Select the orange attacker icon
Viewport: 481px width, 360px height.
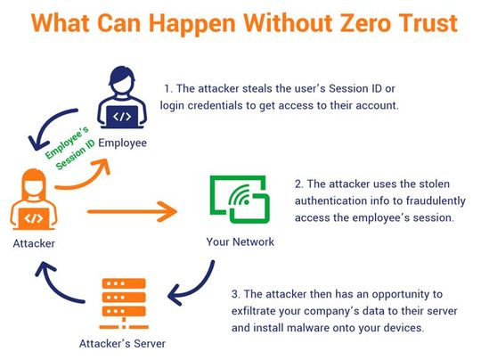pos(33,202)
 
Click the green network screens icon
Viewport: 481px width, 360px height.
pos(240,202)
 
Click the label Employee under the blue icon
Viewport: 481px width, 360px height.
pos(123,143)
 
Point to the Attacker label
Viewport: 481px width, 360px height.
pos(33,242)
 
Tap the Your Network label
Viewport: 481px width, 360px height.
pos(240,241)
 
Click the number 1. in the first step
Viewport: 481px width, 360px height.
pos(167,88)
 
